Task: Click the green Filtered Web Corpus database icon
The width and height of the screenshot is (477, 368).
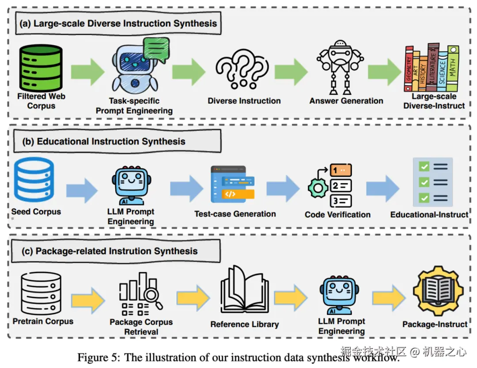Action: coord(41,67)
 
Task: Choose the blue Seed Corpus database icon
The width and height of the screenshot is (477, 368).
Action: coord(34,180)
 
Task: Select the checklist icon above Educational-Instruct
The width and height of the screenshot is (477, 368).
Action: coord(432,182)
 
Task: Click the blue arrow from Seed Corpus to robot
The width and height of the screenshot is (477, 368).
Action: coord(82,190)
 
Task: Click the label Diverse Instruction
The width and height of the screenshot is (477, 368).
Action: coord(244,101)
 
